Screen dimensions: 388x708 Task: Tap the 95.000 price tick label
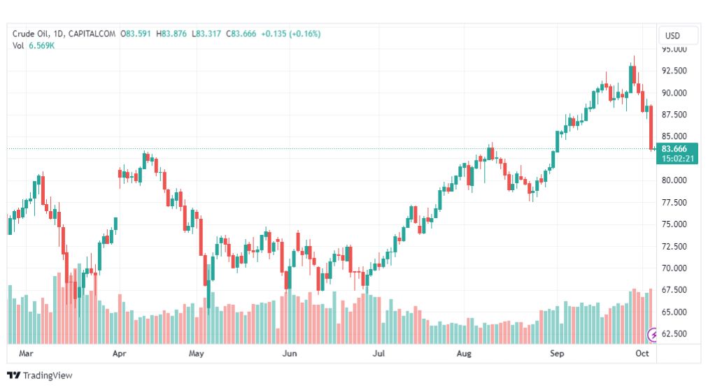point(674,50)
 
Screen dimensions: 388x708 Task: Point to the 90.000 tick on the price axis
point(674,93)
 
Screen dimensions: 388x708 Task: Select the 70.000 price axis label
point(674,268)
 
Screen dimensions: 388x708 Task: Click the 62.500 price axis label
point(674,334)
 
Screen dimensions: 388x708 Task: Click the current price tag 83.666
point(674,149)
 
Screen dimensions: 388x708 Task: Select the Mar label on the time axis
point(26,353)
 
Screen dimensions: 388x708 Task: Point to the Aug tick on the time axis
point(465,353)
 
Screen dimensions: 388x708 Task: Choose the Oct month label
point(643,353)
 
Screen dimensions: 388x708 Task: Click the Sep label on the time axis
point(557,353)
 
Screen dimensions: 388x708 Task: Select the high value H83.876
point(171,34)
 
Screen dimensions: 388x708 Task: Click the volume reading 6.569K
point(42,46)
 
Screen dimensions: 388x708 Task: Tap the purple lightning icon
point(653,334)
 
